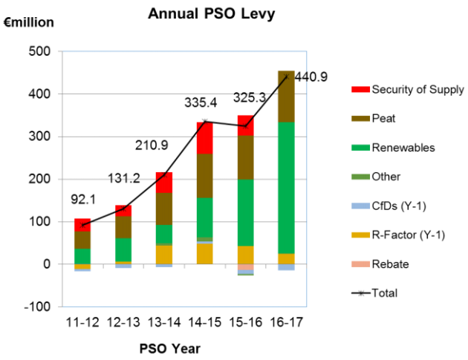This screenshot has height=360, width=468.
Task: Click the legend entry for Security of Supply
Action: point(408,90)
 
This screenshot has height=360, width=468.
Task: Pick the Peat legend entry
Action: point(383,119)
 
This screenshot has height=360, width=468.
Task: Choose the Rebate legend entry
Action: point(389,264)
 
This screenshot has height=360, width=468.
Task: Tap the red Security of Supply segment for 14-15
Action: point(206,138)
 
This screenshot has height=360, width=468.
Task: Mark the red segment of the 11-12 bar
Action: point(83,225)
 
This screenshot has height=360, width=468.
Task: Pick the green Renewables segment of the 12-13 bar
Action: point(123,249)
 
